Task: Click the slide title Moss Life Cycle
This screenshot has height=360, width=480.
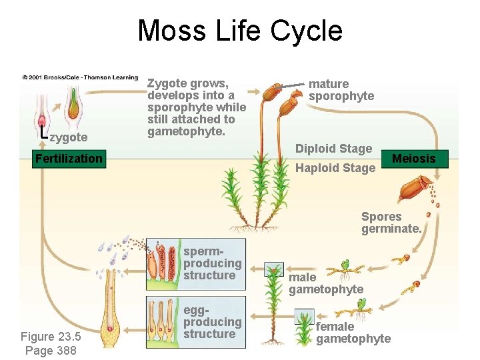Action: pyautogui.click(x=240, y=31)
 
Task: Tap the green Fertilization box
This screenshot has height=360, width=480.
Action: pyautogui.click(x=69, y=159)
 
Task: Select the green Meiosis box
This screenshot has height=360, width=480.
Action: pyautogui.click(x=414, y=159)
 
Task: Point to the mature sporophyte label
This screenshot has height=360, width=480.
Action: pyautogui.click(x=341, y=90)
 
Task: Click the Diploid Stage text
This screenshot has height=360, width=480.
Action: pyautogui.click(x=333, y=149)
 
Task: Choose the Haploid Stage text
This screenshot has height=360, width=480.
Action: pyautogui.click(x=335, y=168)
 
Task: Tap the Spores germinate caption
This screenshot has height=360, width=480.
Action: pyautogui.click(x=391, y=223)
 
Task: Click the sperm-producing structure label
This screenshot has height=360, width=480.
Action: pyautogui.click(x=212, y=263)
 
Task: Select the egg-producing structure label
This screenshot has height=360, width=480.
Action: pyautogui.click(x=212, y=322)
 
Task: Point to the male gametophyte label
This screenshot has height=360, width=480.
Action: pyautogui.click(x=326, y=283)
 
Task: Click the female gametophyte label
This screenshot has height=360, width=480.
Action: pyautogui.click(x=353, y=332)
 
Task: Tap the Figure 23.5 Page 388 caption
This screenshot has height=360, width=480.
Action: pyautogui.click(x=51, y=343)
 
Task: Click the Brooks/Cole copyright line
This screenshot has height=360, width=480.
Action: pyautogui.click(x=79, y=77)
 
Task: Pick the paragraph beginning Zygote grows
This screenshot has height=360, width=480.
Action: pyautogui.click(x=197, y=107)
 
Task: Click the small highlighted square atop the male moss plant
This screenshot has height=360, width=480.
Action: pyautogui.click(x=274, y=269)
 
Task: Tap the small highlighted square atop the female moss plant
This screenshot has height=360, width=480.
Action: pyautogui.click(x=304, y=316)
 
